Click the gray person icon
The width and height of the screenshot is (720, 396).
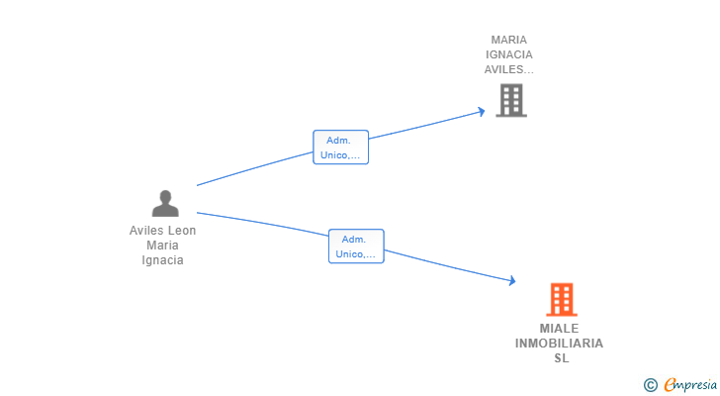pyautogui.click(x=165, y=203)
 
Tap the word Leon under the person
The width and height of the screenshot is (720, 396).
pyautogui.click(x=181, y=231)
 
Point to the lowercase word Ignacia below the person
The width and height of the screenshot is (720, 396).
pyautogui.click(x=163, y=260)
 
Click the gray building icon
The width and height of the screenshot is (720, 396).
pyautogui.click(x=510, y=100)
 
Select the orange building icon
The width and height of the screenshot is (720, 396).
pyautogui.click(x=561, y=299)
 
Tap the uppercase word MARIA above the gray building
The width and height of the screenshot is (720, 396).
pyautogui.click(x=509, y=41)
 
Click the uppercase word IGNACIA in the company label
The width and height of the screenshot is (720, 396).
pyautogui.click(x=509, y=55)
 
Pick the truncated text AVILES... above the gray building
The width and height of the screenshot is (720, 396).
pyautogui.click(x=509, y=70)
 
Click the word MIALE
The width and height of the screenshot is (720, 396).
pyautogui.click(x=560, y=329)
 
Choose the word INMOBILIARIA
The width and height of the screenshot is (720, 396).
pyautogui.click(x=559, y=344)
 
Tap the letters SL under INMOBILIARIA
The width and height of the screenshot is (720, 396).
pyautogui.click(x=561, y=358)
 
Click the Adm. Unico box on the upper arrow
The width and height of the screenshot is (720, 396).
pyautogui.click(x=341, y=148)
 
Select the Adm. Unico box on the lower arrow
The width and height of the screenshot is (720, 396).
pyautogui.click(x=356, y=247)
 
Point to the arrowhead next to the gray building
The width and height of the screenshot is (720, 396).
pyautogui.click(x=482, y=111)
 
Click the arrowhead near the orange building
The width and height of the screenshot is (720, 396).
pyautogui.click(x=511, y=281)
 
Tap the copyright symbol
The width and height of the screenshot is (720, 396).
pyautogui.click(x=650, y=385)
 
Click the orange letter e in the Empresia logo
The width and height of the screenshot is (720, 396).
pyautogui.click(x=670, y=385)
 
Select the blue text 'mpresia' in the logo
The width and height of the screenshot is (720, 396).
pyautogui.click(x=695, y=385)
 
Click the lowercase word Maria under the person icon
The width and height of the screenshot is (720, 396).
pyautogui.click(x=163, y=246)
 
